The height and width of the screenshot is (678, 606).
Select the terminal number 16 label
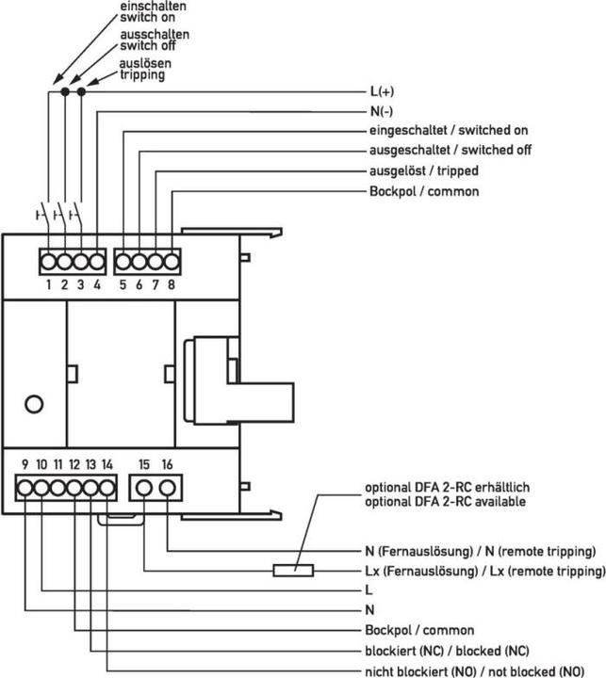tap(168, 465)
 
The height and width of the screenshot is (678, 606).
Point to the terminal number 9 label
tap(25, 465)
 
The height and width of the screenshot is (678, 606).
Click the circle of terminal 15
tap(144, 487)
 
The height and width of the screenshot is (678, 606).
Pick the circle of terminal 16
tap(168, 487)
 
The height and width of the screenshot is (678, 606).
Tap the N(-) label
tap(379, 112)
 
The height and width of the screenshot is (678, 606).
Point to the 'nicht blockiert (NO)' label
tap(473, 670)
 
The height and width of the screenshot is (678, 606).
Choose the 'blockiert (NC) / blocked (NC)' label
tap(447, 651)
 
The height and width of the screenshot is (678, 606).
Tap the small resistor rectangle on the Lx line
tap(293, 570)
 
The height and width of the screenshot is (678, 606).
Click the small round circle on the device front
tap(34, 404)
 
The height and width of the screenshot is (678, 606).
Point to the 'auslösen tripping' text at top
tap(141, 69)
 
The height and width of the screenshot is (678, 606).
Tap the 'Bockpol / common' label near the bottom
tap(418, 630)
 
